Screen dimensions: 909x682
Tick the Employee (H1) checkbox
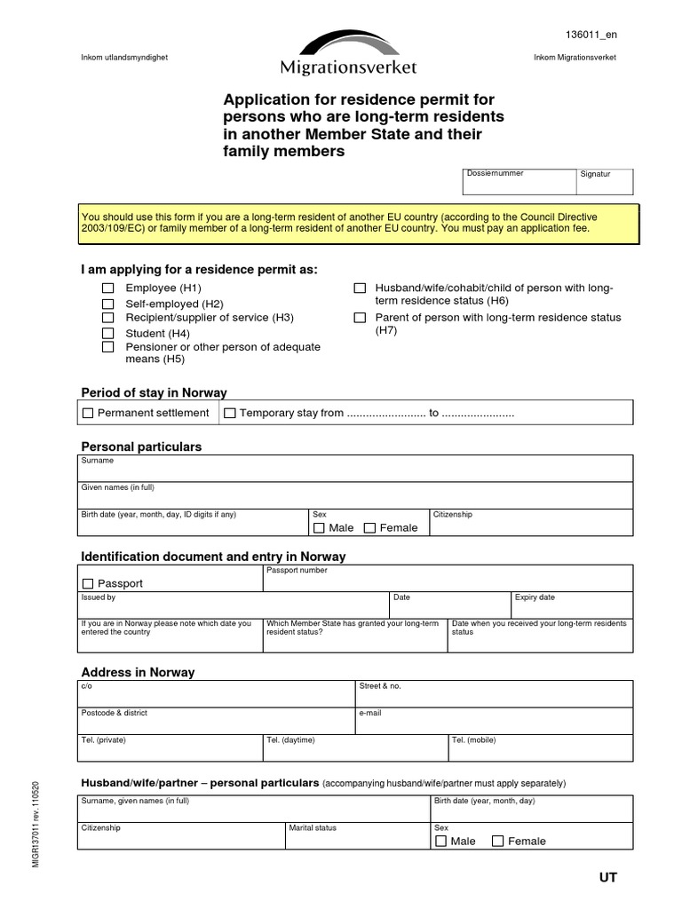pyautogui.click(x=107, y=289)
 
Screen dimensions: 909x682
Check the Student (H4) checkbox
pyautogui.click(x=107, y=333)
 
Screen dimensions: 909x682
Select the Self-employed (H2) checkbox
pyautogui.click(x=107, y=304)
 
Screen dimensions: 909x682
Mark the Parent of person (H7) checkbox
pyautogui.click(x=360, y=318)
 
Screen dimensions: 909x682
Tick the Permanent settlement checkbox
pyautogui.click(x=88, y=413)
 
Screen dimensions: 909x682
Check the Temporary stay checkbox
pyautogui.click(x=230, y=413)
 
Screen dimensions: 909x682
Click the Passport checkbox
pyautogui.click(x=88, y=584)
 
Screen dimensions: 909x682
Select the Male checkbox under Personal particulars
pyautogui.click(x=319, y=528)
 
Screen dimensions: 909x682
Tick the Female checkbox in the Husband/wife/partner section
pyautogui.click(x=497, y=842)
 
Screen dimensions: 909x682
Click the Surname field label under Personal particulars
pyautogui.click(x=98, y=462)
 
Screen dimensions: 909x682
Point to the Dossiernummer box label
pyautogui.click(x=495, y=174)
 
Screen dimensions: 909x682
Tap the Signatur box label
pyautogui.click(x=595, y=174)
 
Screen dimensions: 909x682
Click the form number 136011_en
pyautogui.click(x=591, y=35)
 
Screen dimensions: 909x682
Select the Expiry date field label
pyautogui.click(x=535, y=598)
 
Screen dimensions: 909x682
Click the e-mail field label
pyautogui.click(x=369, y=714)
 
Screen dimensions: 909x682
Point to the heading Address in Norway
pyautogui.click(x=138, y=672)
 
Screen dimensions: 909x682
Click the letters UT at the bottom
pyautogui.click(x=607, y=878)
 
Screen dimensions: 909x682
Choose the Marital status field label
pyautogui.click(x=313, y=828)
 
